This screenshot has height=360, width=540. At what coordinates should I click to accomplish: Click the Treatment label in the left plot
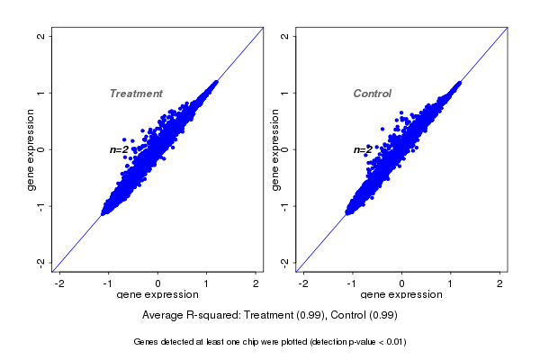click(x=136, y=94)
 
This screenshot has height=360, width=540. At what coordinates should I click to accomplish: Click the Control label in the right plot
click(x=373, y=94)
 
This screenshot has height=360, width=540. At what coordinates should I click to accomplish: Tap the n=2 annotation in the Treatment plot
click(x=119, y=149)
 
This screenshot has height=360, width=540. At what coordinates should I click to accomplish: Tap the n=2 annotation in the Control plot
click(x=362, y=149)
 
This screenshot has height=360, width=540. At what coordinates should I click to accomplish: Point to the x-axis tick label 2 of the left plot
click(x=256, y=283)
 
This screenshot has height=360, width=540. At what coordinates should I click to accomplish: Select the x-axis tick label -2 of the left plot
click(x=59, y=283)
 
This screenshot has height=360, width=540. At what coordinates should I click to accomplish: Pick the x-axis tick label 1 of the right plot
click(x=451, y=283)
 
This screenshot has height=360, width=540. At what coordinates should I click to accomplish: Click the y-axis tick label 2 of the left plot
click(x=41, y=36)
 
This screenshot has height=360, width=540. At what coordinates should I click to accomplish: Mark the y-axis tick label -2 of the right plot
click(x=285, y=262)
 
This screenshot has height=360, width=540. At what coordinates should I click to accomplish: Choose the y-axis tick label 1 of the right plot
click(x=285, y=93)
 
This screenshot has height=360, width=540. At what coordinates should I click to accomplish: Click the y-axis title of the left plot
click(x=31, y=149)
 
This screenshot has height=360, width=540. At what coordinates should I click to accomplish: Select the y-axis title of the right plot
click(x=275, y=149)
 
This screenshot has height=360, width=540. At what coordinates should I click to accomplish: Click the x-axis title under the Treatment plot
click(x=157, y=294)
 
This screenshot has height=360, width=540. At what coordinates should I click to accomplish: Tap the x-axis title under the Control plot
click(x=401, y=294)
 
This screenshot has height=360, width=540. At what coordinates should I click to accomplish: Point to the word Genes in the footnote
click(x=147, y=342)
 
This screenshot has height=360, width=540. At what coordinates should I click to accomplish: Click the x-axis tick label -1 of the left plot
click(x=108, y=283)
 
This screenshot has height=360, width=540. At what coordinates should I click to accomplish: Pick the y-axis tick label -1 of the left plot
click(x=41, y=206)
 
